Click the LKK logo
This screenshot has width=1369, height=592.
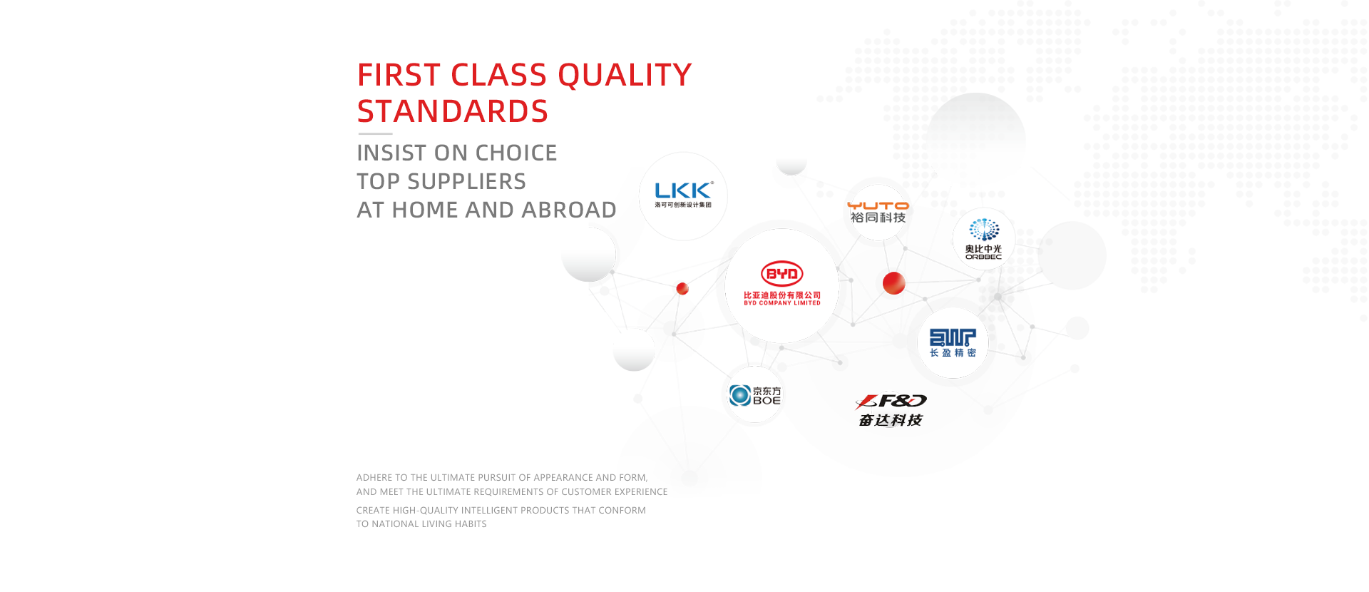click(684, 195)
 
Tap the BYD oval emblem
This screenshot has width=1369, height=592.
click(782, 274)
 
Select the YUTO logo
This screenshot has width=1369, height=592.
click(878, 213)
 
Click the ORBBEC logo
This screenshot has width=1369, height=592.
click(984, 239)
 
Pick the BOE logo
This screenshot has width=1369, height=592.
click(754, 395)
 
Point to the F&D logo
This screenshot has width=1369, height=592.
click(891, 410)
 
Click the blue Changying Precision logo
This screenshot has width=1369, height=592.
click(953, 342)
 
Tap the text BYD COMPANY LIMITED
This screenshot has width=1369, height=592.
click(782, 303)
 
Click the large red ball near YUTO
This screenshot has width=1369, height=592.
click(894, 283)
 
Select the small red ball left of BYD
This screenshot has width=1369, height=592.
click(682, 288)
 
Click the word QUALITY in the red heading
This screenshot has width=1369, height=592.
click(625, 75)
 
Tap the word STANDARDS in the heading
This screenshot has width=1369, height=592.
click(453, 111)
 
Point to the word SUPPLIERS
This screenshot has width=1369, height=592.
click(466, 181)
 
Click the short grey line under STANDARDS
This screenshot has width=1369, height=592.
click(375, 133)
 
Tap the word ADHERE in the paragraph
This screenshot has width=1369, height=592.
click(374, 478)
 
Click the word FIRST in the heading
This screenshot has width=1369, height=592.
click(399, 75)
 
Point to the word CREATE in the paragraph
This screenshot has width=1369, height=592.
click(373, 511)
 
